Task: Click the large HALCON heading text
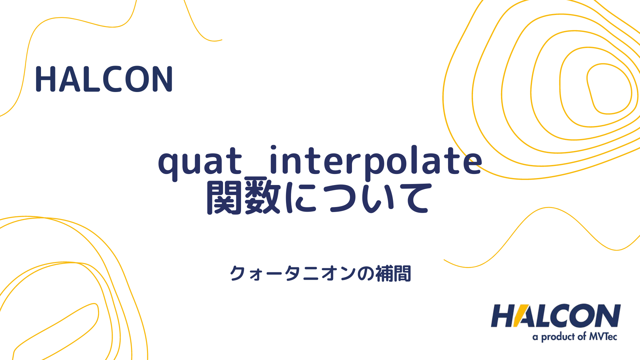coord(104,79)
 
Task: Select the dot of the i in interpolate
coord(274,148)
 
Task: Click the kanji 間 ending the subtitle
coord(402,274)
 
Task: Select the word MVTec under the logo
coord(603,336)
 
